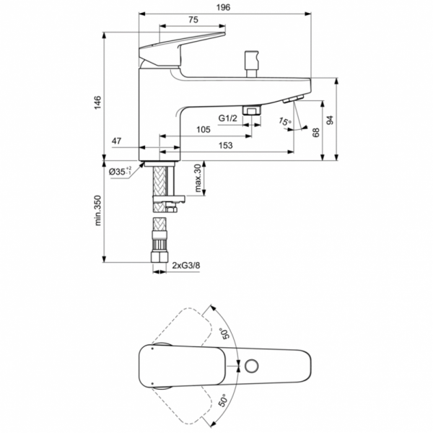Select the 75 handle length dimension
point(193,21)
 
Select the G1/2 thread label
point(228,118)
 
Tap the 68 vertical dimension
point(315,132)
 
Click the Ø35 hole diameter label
point(120,171)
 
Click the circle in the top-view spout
point(251,365)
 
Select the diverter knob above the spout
point(253,58)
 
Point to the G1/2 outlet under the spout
point(252,110)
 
